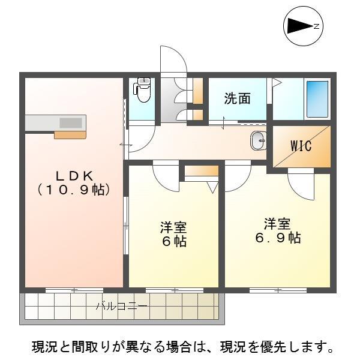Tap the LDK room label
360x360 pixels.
(74, 175)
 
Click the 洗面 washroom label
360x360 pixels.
(237, 99)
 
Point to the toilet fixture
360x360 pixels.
(143, 90)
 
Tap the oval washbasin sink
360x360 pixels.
(257, 141)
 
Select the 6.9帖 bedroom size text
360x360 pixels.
(277, 238)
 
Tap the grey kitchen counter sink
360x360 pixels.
(71, 122)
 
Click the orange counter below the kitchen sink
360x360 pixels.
(70, 134)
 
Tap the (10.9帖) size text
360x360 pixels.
(74, 190)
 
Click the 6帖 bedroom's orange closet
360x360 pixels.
(202, 171)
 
